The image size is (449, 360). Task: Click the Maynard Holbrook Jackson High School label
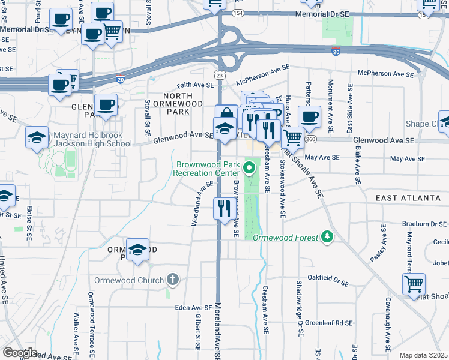click(x=93, y=139)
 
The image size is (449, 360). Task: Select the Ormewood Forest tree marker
click(x=327, y=237)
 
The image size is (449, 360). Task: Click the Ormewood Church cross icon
click(x=173, y=280)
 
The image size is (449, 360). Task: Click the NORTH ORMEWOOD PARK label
click(x=187, y=103)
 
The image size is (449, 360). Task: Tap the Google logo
click(x=20, y=353)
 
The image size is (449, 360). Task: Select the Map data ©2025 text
click(x=424, y=355)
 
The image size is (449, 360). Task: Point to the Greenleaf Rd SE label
click(x=328, y=323)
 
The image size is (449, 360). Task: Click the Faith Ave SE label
click(x=195, y=85)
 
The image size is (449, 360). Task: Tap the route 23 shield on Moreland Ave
click(x=220, y=75)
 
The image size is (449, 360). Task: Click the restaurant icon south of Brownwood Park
click(x=223, y=209)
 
